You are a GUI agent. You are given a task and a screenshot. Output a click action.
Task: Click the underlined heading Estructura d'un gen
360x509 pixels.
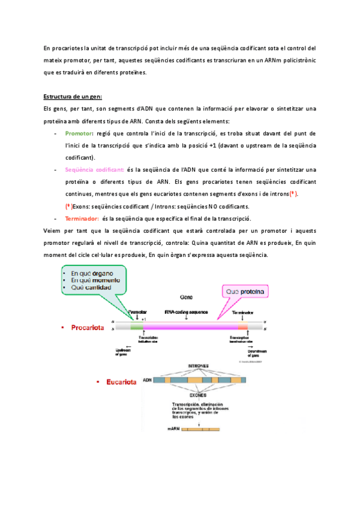tap(73, 96)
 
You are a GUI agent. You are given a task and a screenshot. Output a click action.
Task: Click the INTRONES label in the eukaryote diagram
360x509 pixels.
tap(199, 367)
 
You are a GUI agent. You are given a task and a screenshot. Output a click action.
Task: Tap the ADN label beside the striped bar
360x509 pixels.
tap(147, 380)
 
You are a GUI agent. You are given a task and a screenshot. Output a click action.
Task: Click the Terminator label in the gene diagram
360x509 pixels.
tap(242, 313)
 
